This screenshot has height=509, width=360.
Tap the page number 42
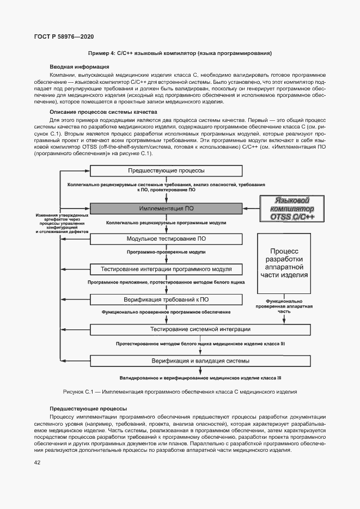(37, 463)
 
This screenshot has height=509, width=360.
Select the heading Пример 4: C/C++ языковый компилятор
(180, 53)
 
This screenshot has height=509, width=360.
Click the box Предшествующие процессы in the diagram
(166, 170)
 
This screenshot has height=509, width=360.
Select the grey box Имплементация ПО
(166, 208)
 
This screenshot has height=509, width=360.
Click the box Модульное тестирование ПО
(166, 238)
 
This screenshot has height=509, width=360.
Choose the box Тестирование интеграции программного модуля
(166, 269)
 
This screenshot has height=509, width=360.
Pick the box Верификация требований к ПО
(166, 299)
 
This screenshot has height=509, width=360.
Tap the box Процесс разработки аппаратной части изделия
(285, 263)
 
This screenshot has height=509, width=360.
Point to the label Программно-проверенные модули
(166, 253)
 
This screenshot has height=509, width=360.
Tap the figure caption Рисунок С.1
(180, 391)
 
